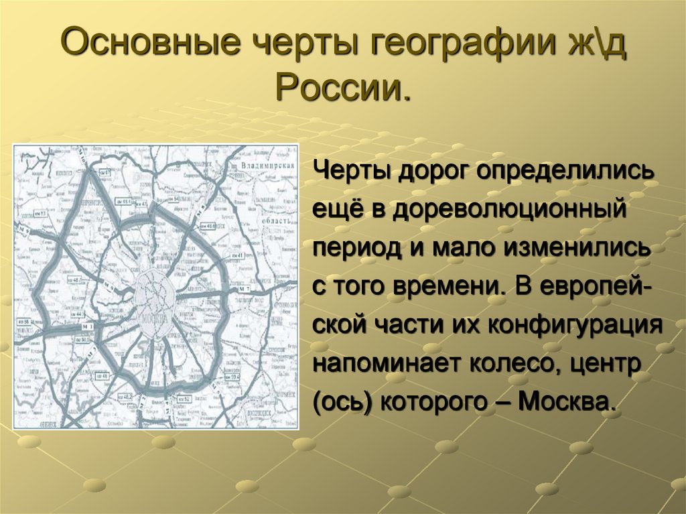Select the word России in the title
[x=342, y=86]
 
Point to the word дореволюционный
[x=508, y=208]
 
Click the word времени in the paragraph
[x=454, y=286]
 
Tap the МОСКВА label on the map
[x=154, y=318]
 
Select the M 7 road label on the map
[x=244, y=289]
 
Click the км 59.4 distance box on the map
[x=232, y=377]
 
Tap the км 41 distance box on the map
[x=238, y=255]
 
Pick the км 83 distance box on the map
[x=40, y=214]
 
